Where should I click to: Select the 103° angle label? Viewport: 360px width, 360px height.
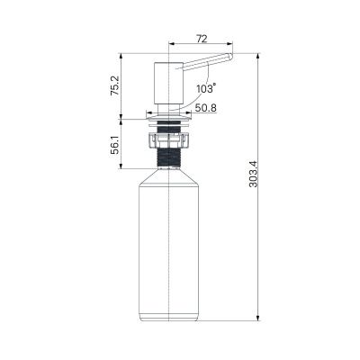coord(205,89)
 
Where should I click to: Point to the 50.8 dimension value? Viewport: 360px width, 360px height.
coord(205,108)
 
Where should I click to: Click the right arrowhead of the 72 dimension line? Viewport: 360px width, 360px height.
coord(229,42)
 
